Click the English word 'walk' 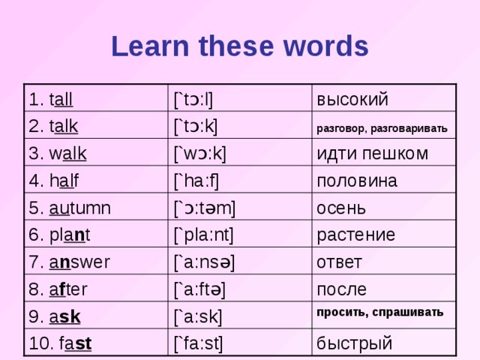[x=67, y=154]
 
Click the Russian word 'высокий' [x=352, y=99]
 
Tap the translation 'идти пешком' [x=373, y=154]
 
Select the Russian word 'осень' [x=341, y=207]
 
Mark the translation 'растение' [x=355, y=235]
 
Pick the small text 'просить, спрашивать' [x=379, y=311]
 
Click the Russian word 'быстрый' [x=355, y=343]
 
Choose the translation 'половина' [x=357, y=181]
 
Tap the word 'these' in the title [x=235, y=46]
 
